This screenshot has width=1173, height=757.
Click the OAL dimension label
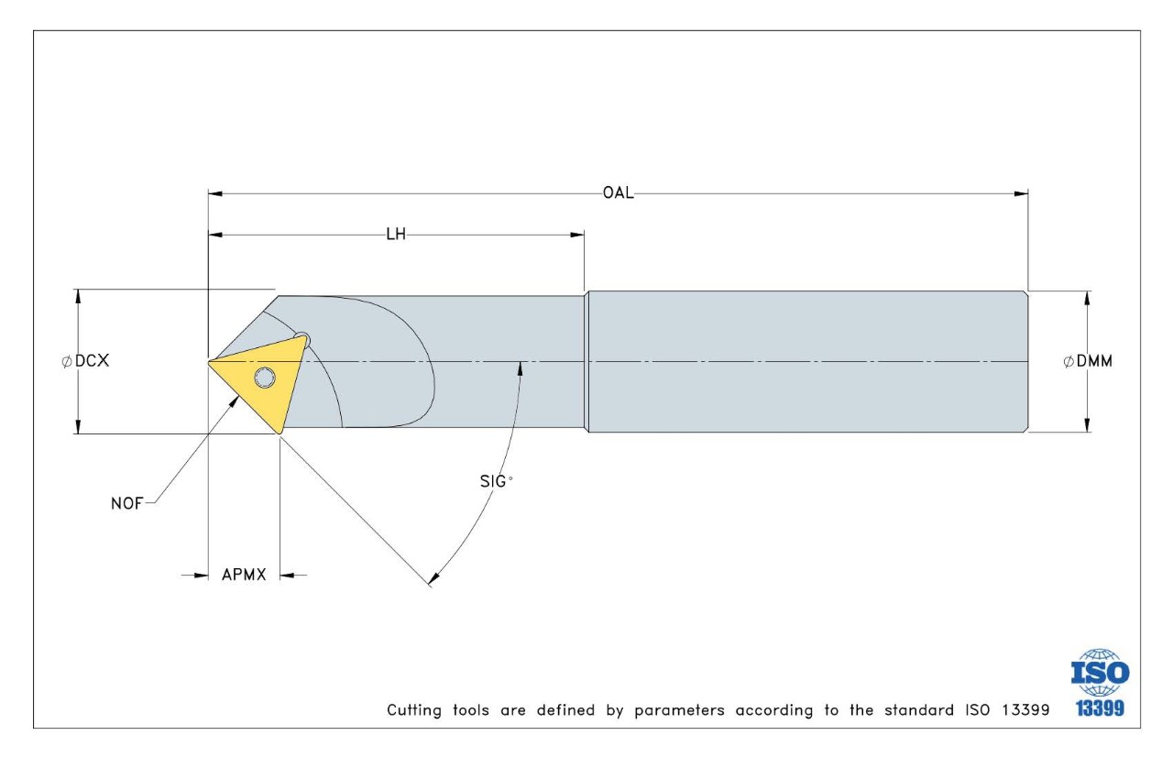618,193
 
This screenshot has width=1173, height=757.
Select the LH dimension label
396,235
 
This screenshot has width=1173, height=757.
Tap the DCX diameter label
86,361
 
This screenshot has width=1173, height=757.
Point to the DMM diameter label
1088,361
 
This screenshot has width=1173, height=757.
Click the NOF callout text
128,502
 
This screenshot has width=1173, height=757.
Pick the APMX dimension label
244,576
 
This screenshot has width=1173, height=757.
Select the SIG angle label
496,480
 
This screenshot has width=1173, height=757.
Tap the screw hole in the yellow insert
265,378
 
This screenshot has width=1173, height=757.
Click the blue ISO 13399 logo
1100,684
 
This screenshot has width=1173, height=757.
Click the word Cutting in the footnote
413,710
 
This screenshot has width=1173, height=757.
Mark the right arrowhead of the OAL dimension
1021,193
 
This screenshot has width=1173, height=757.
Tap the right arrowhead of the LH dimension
577,235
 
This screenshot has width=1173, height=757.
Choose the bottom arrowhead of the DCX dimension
78,427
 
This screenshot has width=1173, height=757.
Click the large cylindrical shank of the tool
806,362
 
